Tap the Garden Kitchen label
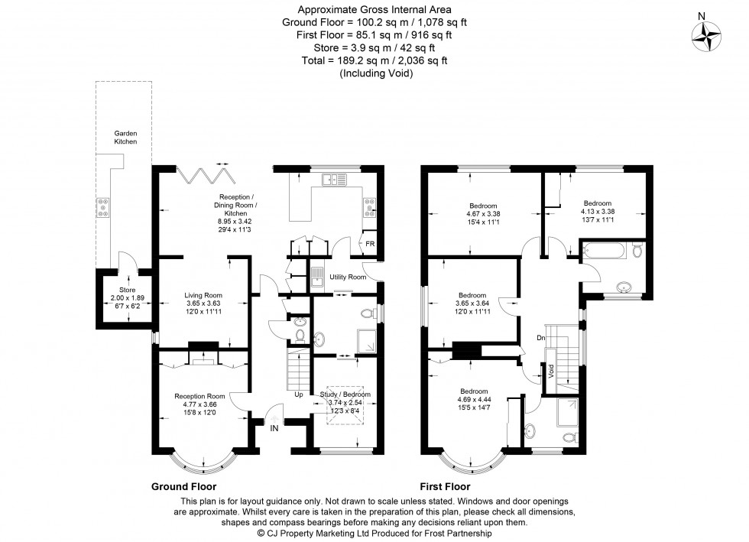coord(125,138)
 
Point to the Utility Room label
coord(348,277)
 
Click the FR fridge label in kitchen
coord(370,243)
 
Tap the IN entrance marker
coord(274,430)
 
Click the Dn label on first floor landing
coord(541,337)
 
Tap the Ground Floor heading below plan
coord(183,486)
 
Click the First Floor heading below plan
coord(445,486)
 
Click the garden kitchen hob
coord(102,204)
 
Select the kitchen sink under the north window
coord(334,180)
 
